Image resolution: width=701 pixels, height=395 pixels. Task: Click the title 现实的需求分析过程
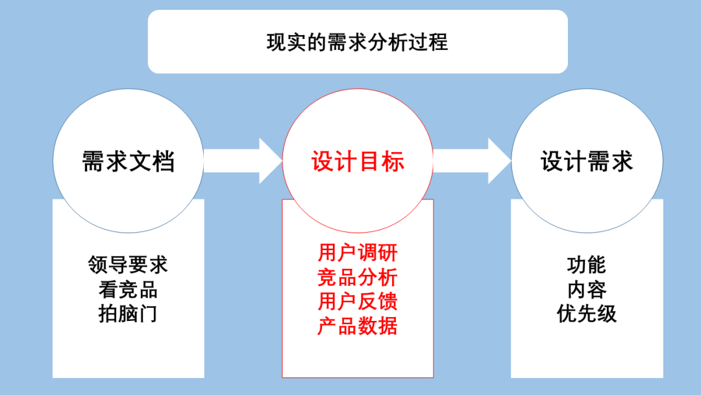357,43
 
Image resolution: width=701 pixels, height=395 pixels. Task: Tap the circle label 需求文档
128,161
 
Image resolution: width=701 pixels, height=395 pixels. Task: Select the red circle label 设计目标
358,161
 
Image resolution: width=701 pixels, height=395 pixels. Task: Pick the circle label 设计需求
587,161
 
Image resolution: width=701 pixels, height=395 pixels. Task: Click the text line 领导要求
128,265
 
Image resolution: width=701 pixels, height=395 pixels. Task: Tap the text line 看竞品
128,290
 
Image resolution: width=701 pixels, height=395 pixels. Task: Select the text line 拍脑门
128,314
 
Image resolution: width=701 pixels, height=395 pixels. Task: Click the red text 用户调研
358,252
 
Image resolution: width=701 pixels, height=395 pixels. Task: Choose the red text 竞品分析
358,277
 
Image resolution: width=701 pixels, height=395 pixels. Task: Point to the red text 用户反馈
358,301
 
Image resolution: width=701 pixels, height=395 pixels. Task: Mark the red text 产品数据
358,326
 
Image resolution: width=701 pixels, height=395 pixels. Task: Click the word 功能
587,265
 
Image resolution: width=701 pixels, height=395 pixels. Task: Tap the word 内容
587,290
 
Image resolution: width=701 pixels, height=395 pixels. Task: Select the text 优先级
587,314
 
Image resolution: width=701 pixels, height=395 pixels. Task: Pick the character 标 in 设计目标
393,161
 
